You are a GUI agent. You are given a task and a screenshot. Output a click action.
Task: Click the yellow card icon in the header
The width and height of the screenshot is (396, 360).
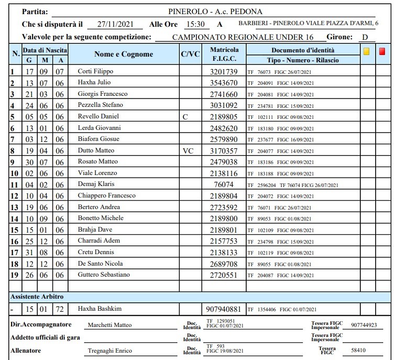pos(367,51)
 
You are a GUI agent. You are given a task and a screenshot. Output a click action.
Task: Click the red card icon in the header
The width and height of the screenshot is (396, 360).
pos(382,51)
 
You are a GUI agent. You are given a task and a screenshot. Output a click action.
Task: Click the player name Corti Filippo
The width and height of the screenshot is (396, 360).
pos(95,71)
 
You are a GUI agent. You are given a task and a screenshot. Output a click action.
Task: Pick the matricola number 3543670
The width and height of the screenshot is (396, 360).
pos(224,83)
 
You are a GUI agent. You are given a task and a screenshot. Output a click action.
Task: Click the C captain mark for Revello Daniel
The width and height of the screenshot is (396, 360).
pos(185,117)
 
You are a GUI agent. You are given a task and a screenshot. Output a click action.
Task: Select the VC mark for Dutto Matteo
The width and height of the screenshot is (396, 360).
pos(188,151)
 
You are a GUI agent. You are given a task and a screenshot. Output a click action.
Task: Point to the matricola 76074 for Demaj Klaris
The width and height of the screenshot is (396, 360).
pos(224,184)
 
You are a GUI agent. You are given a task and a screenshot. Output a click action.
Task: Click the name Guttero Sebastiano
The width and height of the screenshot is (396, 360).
pos(104,275)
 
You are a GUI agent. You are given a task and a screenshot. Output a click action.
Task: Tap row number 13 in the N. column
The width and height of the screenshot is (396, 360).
pos(15,207)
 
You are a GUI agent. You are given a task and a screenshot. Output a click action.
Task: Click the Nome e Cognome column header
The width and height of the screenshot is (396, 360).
pos(124,54)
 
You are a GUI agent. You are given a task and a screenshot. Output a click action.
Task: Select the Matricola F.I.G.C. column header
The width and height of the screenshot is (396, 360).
pos(224,54)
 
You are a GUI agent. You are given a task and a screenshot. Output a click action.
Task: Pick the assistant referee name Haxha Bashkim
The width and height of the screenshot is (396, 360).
pos(97,309)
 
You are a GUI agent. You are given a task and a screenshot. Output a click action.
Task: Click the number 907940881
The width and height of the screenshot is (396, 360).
pos(224,309)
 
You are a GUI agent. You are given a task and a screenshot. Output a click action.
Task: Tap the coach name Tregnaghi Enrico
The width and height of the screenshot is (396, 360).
pos(110,351)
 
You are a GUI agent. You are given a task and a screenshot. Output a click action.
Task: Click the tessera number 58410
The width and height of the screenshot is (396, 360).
pos(359,350)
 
